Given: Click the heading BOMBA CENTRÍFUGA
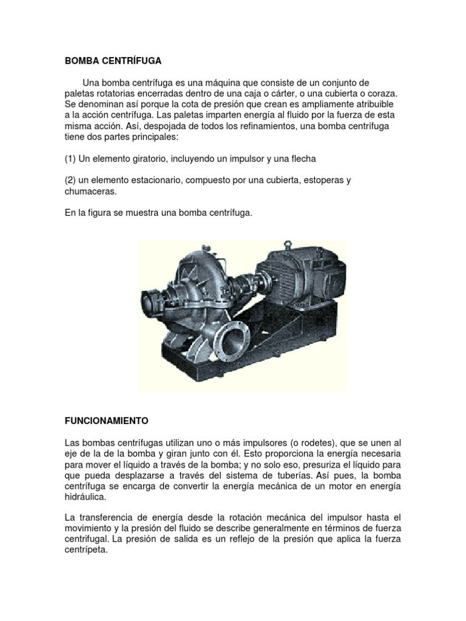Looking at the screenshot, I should tap(113, 61).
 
